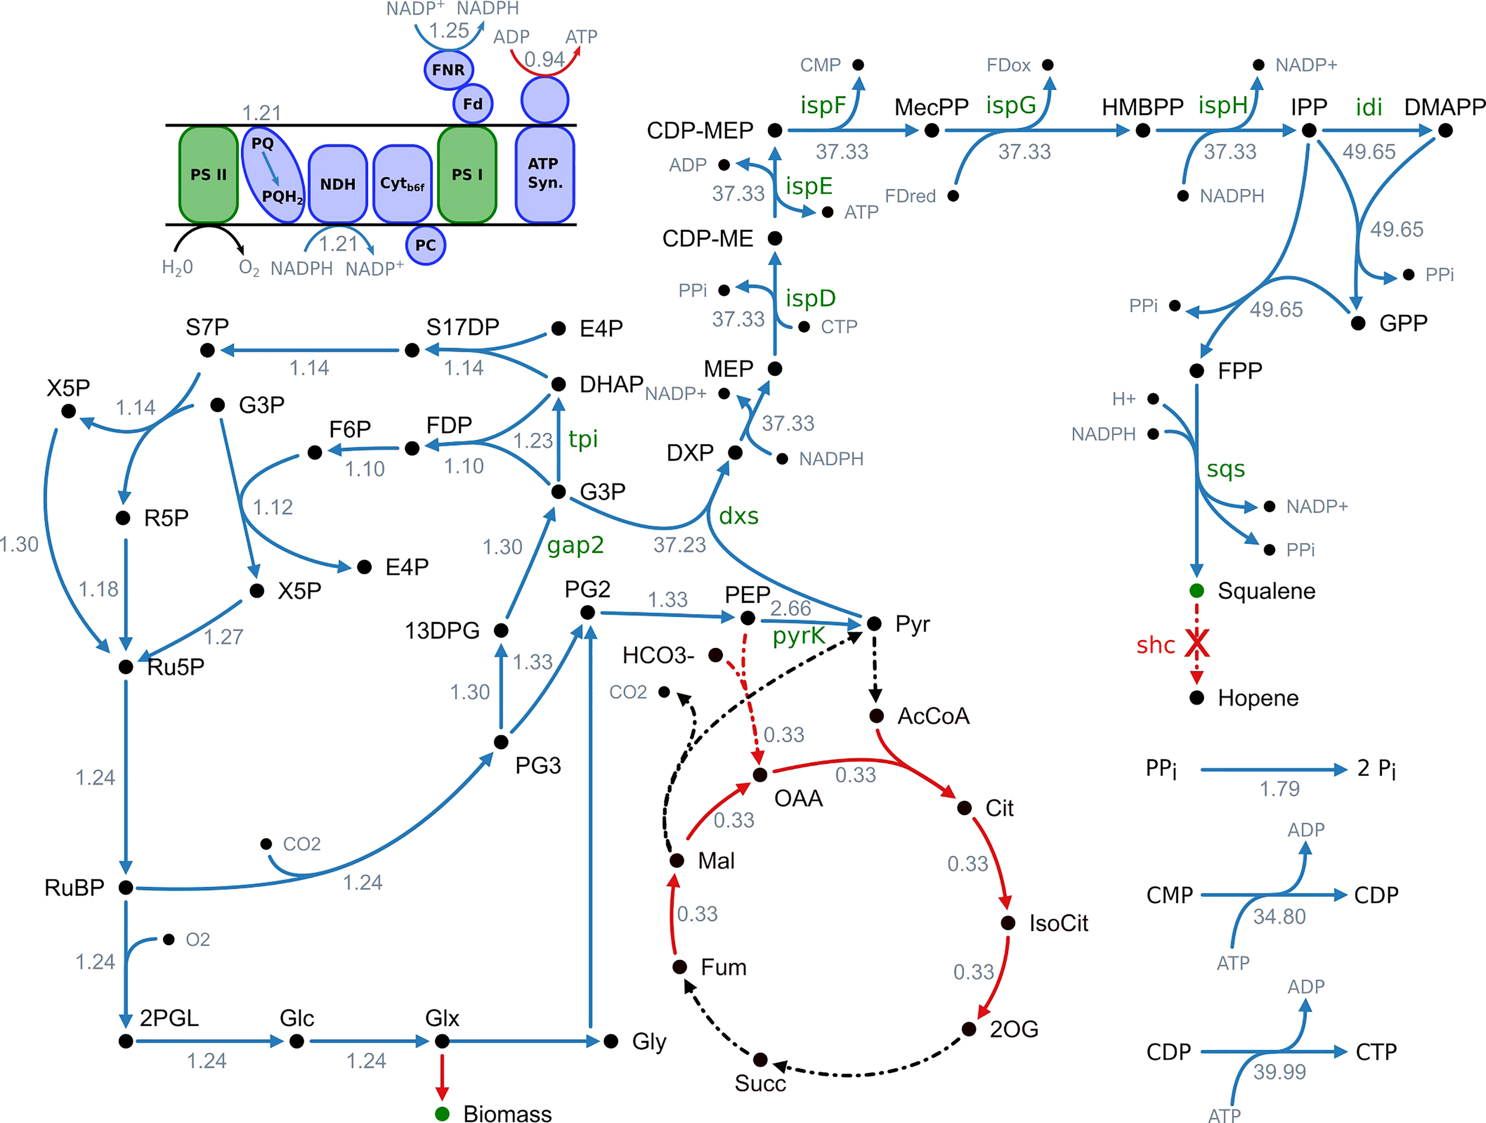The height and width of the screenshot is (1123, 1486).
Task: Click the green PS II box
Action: (208, 175)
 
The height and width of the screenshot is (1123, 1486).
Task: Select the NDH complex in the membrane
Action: (337, 184)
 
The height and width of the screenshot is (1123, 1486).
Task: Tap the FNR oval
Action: (448, 69)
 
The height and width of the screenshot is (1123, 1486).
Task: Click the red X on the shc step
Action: (1197, 644)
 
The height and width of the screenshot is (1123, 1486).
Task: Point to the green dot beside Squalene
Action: (1197, 591)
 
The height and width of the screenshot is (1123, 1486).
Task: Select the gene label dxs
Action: (738, 516)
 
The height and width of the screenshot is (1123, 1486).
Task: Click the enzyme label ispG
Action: (1010, 105)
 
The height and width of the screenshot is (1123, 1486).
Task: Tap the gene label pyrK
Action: (798, 635)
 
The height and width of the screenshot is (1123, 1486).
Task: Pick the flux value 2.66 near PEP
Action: (790, 608)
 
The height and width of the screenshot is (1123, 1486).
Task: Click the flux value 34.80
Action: (1279, 917)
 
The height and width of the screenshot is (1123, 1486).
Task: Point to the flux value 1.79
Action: (1279, 789)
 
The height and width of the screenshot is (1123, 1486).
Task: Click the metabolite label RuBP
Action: (74, 888)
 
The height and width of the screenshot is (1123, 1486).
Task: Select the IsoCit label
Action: (1058, 923)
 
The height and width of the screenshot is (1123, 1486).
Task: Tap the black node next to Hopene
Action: (1197, 697)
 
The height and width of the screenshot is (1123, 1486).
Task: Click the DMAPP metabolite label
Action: (1444, 107)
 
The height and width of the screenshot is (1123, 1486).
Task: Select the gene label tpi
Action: (583, 439)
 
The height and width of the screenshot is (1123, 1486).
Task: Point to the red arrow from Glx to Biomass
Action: (442, 1077)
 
